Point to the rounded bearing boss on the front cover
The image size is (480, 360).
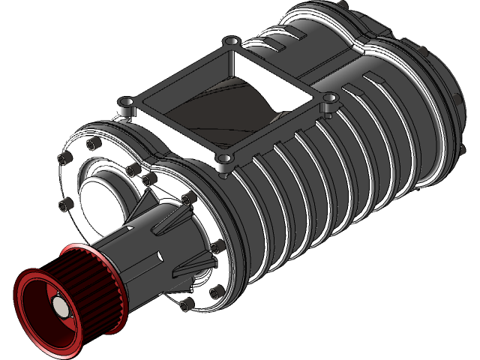click(x=105, y=187)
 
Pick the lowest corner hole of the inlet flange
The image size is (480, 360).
click(x=223, y=160)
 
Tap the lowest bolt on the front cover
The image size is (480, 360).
click(x=187, y=303)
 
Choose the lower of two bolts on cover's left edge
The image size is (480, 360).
click(x=65, y=204)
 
